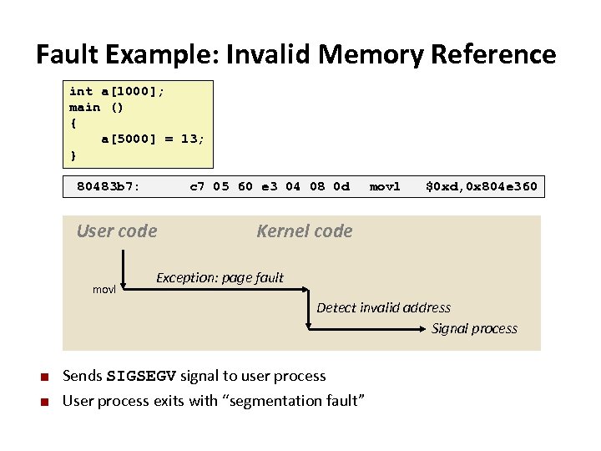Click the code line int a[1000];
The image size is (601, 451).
pyautogui.click(x=116, y=91)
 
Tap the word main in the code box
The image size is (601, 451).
pyautogui.click(x=84, y=107)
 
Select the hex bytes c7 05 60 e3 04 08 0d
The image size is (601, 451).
pyautogui.click(x=270, y=186)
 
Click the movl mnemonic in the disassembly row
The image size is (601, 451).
pyautogui.click(x=385, y=186)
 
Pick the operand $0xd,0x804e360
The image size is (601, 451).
pyautogui.click(x=482, y=186)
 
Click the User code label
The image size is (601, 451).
pyautogui.click(x=117, y=231)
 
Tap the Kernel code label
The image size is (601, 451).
pyautogui.click(x=305, y=231)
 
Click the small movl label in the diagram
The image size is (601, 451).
pyautogui.click(x=104, y=289)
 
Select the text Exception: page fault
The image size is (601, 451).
pyautogui.click(x=220, y=277)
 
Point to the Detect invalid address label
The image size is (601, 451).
pyautogui.click(x=383, y=307)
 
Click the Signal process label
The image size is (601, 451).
pyautogui.click(x=474, y=328)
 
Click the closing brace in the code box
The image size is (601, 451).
pyautogui.click(x=73, y=155)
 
